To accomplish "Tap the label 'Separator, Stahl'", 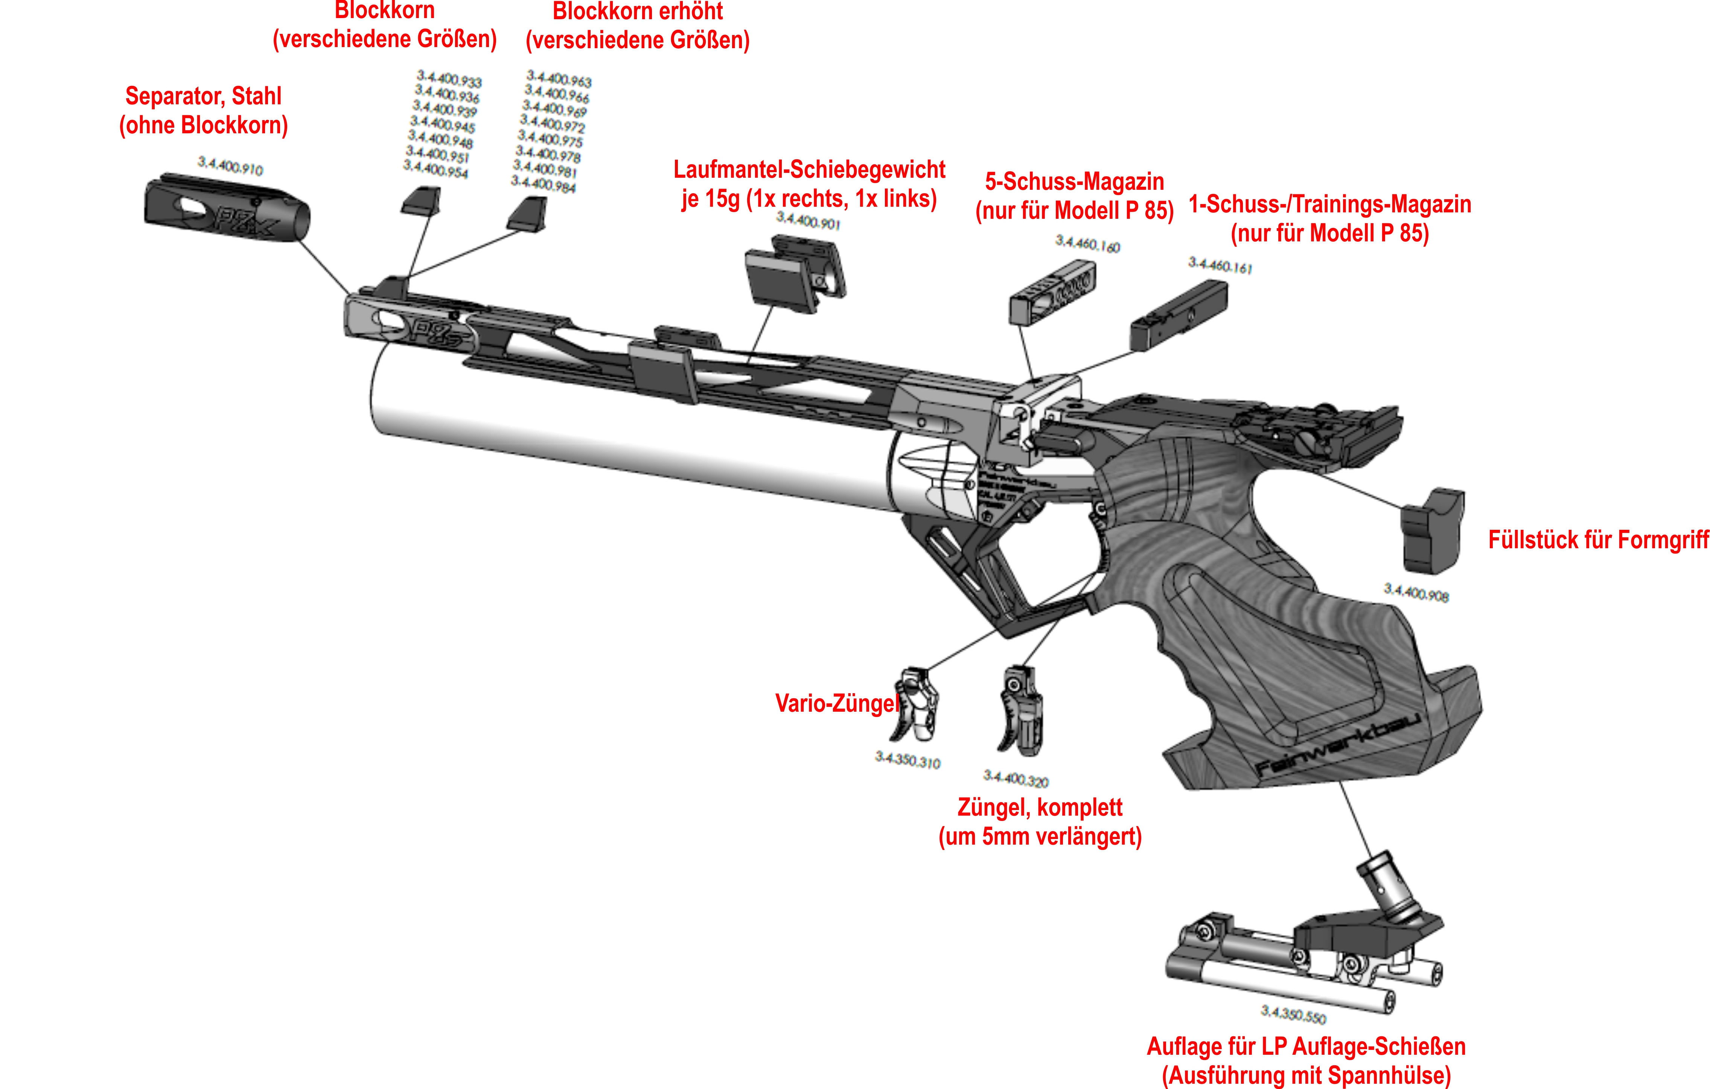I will pos(203,96).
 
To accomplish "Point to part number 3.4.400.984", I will pos(543,185).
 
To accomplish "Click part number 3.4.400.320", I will pos(1016,779).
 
